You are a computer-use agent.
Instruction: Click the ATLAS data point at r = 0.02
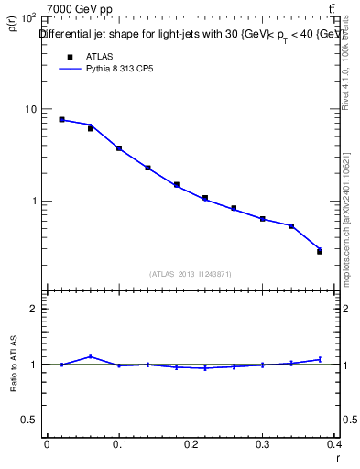pyautogui.click(x=61, y=119)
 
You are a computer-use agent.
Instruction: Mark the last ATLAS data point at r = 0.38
pyautogui.click(x=320, y=251)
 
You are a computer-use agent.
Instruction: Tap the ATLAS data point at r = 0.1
pyautogui.click(x=119, y=148)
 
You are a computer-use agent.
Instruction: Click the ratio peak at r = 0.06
pyautogui.click(x=90, y=356)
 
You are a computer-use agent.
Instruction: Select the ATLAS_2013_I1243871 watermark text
pyautogui.click(x=191, y=274)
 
